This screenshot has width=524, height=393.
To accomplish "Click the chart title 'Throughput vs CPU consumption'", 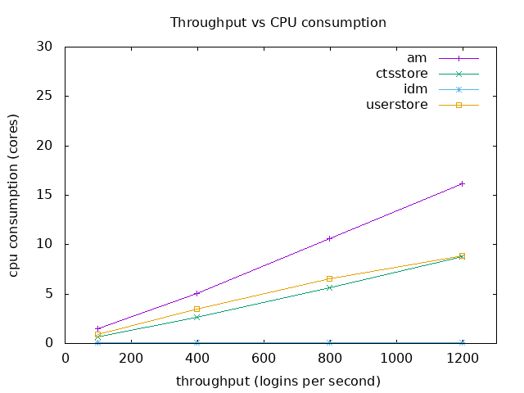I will (x=278, y=22).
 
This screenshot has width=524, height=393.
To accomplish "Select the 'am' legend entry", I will (x=417, y=58).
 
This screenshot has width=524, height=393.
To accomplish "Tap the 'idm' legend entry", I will (x=415, y=89).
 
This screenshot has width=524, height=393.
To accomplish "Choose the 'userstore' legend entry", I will (x=397, y=105).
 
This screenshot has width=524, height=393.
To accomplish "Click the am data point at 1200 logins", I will (x=463, y=183).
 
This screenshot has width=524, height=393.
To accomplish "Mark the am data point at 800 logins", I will (x=330, y=238).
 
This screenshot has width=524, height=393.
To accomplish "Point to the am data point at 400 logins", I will (x=197, y=293).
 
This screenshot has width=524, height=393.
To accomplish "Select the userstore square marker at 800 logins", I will (x=330, y=278).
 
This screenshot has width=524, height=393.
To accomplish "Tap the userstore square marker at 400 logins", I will (x=197, y=309).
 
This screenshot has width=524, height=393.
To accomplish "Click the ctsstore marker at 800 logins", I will (x=330, y=287).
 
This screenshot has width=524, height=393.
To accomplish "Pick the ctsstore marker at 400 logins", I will (x=197, y=317).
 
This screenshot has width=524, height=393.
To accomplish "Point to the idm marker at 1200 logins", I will (x=463, y=342).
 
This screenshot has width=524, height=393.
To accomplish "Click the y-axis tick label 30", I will (x=45, y=47).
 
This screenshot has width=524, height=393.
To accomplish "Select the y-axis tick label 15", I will (x=45, y=195).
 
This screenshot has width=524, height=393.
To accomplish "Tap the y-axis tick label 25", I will (x=45, y=96).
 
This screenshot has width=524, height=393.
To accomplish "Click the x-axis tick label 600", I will (x=264, y=358).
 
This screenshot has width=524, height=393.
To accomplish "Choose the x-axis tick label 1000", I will (x=396, y=358).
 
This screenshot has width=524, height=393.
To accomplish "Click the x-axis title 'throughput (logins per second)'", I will (x=278, y=381).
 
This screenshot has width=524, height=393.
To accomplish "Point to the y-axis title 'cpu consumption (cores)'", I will (x=15, y=195).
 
